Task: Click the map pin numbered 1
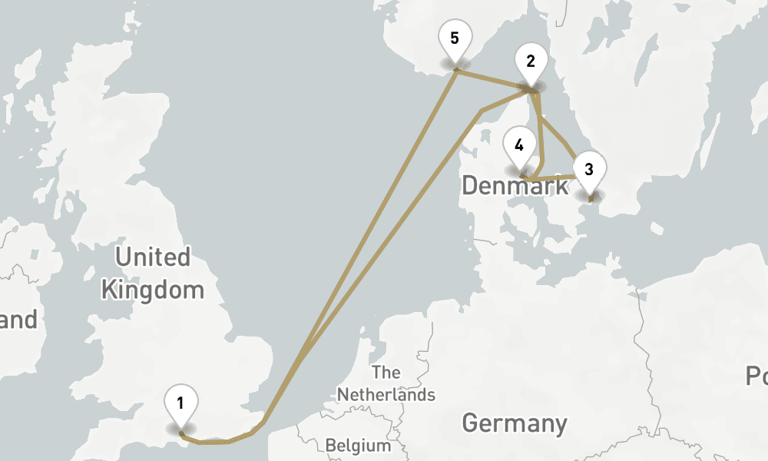180,403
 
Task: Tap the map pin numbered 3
589,170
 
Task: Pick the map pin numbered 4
520,145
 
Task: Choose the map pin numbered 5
455,38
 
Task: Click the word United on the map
153,257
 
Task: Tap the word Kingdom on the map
153,290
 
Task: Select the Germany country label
515,423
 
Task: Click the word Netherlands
386,395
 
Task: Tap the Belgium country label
358,446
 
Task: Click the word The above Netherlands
386,373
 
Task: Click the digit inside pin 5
455,38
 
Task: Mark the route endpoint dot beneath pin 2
531,91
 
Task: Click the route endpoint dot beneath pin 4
521,175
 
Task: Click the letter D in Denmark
471,185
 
